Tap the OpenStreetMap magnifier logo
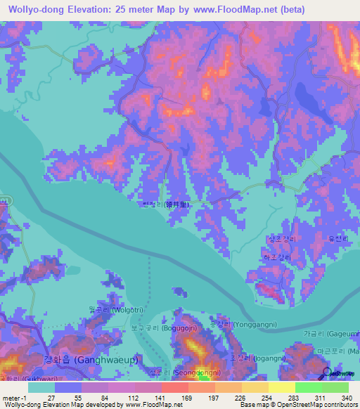[x=327, y=372]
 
